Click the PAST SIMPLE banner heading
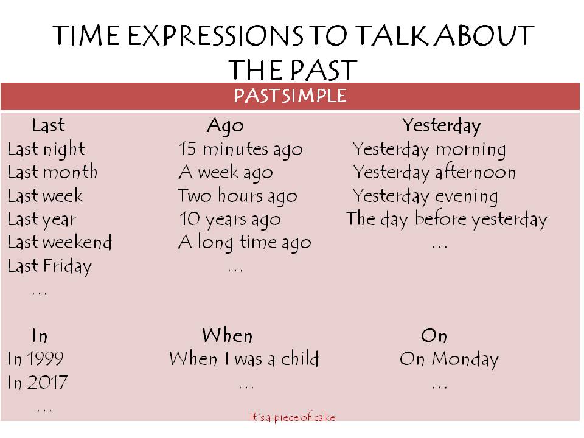290,96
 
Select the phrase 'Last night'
46,150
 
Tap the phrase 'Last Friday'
49,266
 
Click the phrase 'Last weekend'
60,242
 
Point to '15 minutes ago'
241,150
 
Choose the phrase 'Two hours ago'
238,196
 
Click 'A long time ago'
245,243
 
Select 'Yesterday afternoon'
434,173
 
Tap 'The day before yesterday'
447,220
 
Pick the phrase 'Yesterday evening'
425,196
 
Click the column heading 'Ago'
225,126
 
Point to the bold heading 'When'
228,335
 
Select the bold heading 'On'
434,336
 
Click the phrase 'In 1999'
35,359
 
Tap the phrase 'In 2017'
37,382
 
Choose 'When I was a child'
244,358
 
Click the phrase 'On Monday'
449,360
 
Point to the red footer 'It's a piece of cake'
293,417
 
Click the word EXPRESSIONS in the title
215,36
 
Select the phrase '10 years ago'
230,220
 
